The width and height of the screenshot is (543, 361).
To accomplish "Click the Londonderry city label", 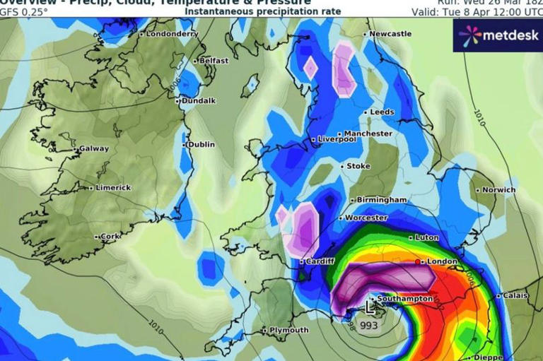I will (x=172, y=34).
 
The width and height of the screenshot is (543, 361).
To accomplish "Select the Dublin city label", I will (x=201, y=145).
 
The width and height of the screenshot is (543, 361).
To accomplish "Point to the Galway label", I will (x=94, y=149).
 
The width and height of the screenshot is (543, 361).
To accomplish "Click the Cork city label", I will (x=110, y=237).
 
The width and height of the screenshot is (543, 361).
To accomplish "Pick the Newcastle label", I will (x=390, y=34).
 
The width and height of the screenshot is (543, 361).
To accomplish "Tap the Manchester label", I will (x=368, y=134).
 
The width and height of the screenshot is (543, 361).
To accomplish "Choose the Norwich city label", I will (x=499, y=190).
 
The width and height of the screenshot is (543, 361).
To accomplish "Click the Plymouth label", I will (x=288, y=330).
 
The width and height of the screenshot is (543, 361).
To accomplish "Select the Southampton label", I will (x=404, y=299).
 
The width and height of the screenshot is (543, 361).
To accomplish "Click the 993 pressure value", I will (x=368, y=326).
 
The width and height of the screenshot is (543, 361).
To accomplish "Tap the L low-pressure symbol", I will (x=370, y=307).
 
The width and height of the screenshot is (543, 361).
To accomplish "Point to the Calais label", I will (x=515, y=296).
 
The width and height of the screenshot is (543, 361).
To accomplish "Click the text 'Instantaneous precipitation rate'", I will (x=263, y=12).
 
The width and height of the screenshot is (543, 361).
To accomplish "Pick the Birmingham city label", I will (x=382, y=200).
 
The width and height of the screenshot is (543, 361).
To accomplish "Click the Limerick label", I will (x=113, y=187).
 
